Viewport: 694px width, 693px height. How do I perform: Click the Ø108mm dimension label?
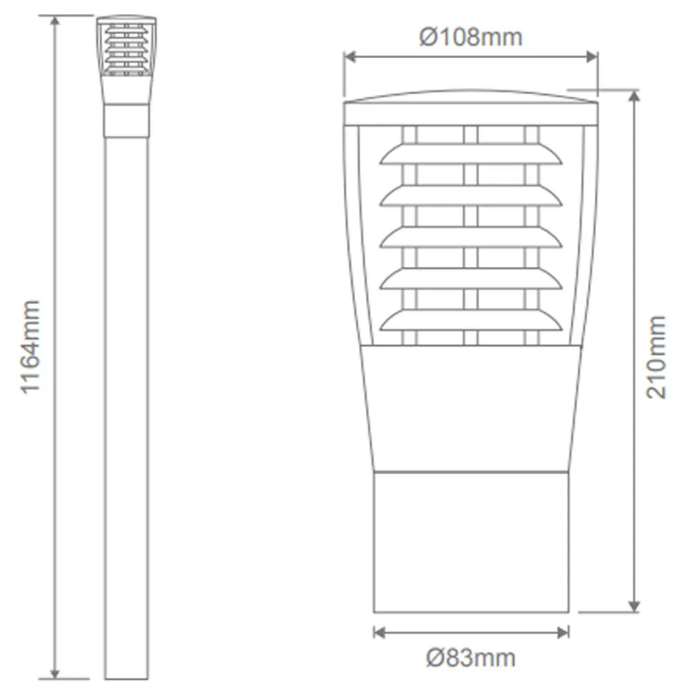[x=471, y=37]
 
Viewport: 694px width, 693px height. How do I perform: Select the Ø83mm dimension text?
[x=471, y=658]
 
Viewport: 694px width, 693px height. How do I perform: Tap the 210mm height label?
[x=655, y=357]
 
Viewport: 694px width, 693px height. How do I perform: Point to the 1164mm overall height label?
[x=30, y=347]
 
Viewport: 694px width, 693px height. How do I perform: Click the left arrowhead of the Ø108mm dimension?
[x=350, y=57]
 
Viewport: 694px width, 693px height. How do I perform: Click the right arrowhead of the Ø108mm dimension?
[x=592, y=57]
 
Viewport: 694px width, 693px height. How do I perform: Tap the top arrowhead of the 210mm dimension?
[x=634, y=96]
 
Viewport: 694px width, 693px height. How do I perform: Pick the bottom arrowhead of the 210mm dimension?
[x=634, y=606]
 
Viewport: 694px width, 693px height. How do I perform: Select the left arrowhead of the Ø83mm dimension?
[x=380, y=633]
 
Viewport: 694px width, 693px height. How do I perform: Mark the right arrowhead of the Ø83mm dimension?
[x=563, y=633]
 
